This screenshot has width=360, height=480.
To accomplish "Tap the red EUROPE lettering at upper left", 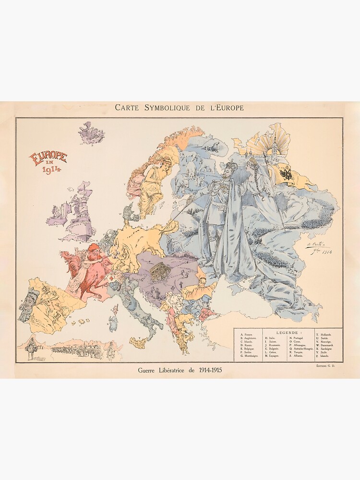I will [48, 158].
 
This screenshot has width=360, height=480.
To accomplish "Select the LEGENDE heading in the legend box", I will [289, 332].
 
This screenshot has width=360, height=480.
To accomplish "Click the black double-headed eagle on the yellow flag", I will [286, 173].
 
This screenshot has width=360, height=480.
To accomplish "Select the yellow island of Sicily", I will [138, 343].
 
